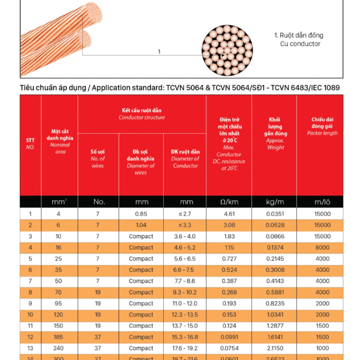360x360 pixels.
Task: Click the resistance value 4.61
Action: pyautogui.click(x=229, y=214)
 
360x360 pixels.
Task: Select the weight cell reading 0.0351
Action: pyautogui.click(x=275, y=214)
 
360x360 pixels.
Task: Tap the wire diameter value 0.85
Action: pyautogui.click(x=141, y=214)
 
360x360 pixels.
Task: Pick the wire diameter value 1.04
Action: pyautogui.click(x=141, y=225)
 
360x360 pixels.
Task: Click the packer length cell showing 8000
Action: pyautogui.click(x=322, y=247)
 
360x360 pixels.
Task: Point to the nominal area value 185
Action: pyautogui.click(x=58, y=337)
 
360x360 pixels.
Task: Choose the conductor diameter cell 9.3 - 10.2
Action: pyautogui.click(x=184, y=292)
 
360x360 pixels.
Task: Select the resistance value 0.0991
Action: pyautogui.click(x=229, y=337)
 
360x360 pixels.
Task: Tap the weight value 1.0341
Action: pyautogui.click(x=275, y=314)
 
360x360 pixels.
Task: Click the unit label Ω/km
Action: pyautogui.click(x=229, y=202)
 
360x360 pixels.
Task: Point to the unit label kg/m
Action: pyautogui.click(x=275, y=202)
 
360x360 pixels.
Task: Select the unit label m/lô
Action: pyautogui.click(x=322, y=202)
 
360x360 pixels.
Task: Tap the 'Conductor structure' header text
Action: pyautogui.click(x=142, y=118)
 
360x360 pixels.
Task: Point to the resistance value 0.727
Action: pyautogui.click(x=229, y=259)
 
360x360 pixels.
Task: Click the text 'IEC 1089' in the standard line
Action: pyautogui.click(x=323, y=88)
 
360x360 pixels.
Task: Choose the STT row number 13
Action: pyautogui.click(x=30, y=349)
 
